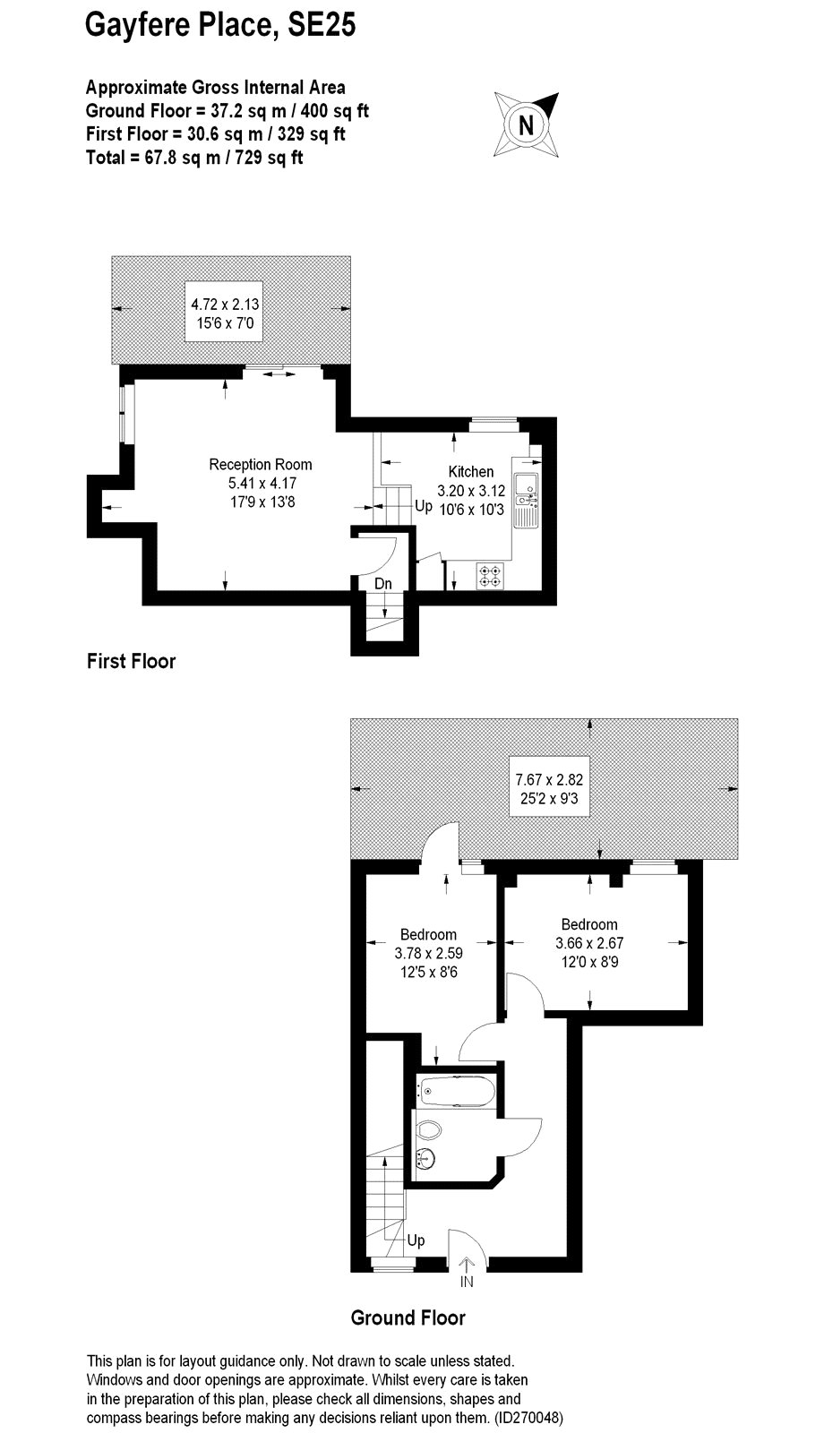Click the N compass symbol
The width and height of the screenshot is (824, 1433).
[x=526, y=124]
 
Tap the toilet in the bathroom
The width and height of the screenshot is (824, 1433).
[x=429, y=1129]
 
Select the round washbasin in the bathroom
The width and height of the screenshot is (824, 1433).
[x=425, y=1157]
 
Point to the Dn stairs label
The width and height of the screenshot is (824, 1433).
[x=382, y=583]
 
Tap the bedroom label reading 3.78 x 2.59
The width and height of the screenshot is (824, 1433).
[x=429, y=953]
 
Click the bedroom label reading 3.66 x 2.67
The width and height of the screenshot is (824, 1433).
[x=589, y=943]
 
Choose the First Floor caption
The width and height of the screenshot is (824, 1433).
[x=131, y=661]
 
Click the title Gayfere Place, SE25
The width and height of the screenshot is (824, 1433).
[x=220, y=26]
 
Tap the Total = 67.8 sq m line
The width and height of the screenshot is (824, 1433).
[x=194, y=158]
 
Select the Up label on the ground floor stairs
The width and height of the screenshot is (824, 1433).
[x=416, y=1240]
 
